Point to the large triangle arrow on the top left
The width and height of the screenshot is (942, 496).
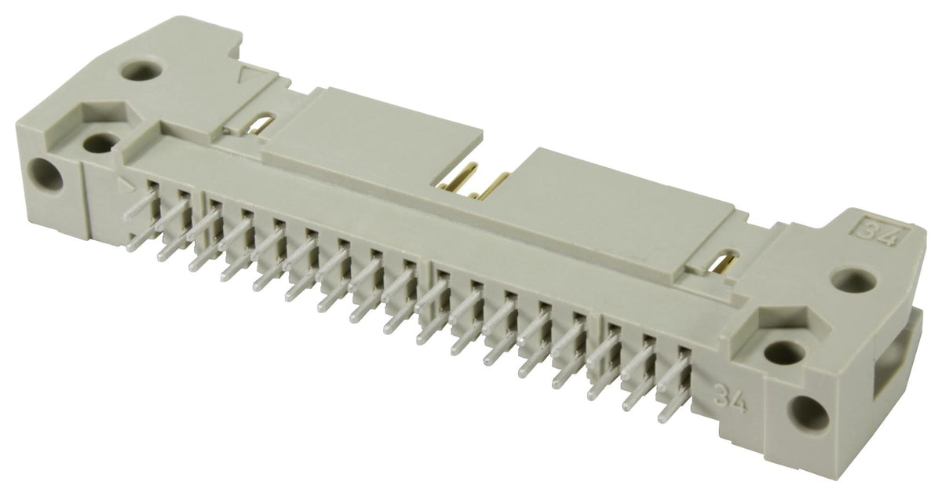click(251, 77)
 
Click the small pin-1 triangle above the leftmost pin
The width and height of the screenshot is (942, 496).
click(123, 186)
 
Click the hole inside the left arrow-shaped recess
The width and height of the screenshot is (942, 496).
click(99, 144)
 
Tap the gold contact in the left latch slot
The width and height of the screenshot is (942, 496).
click(263, 126)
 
